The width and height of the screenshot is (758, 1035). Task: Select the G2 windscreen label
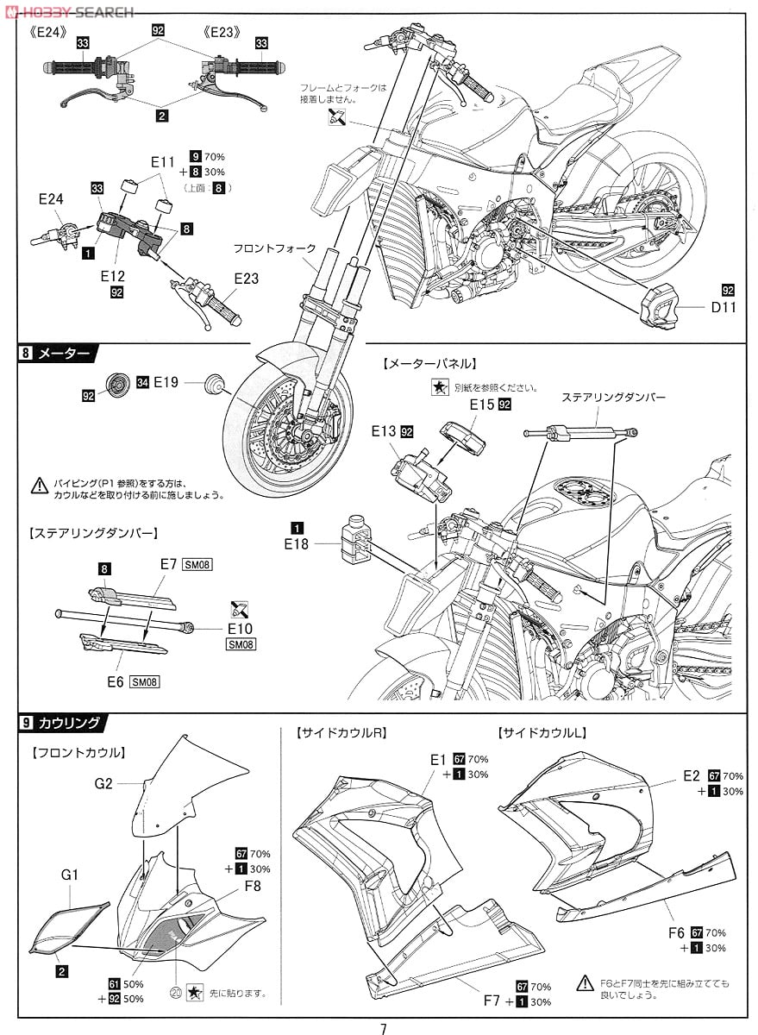pos(104,783)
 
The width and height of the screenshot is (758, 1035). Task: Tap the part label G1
pos(70,875)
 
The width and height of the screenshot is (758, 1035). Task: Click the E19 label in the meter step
pos(166,381)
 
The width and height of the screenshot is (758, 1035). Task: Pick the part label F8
pos(253,886)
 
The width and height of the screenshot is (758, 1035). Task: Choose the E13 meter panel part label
pos(385,430)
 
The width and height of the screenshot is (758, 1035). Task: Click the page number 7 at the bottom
pos(382,1028)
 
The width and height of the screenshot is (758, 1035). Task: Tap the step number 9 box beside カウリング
pos(28,723)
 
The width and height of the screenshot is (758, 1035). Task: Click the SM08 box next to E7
pos(197,565)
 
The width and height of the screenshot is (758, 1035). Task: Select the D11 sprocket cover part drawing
pos(660,304)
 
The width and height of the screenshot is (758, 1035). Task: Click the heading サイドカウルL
pos(542,733)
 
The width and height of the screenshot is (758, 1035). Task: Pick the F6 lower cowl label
pos(677,932)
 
